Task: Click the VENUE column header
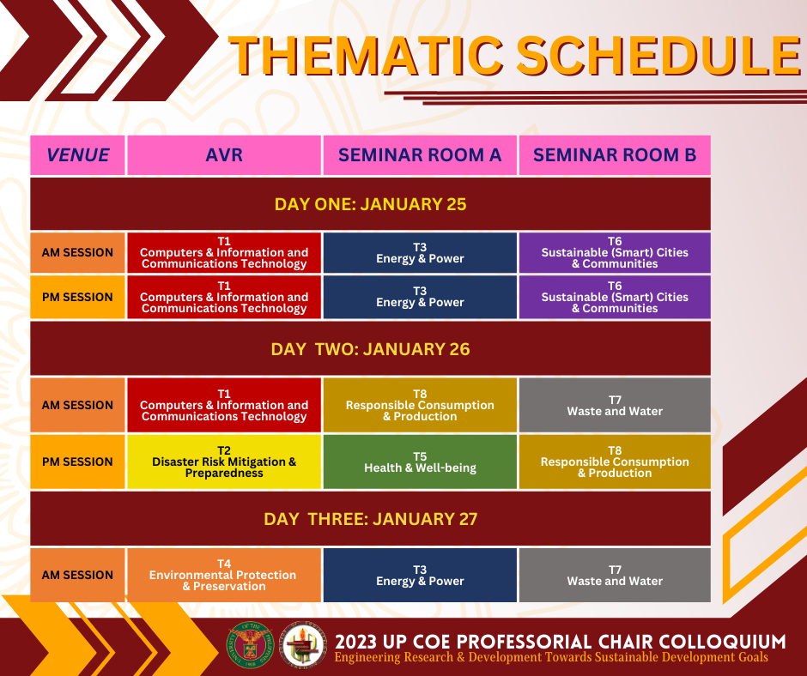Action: click(x=78, y=155)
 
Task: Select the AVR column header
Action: click(x=224, y=155)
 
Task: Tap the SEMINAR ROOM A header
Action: click(x=420, y=155)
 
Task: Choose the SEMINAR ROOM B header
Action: click(x=615, y=155)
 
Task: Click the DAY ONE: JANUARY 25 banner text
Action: click(x=371, y=204)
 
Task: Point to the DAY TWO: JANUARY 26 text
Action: click(x=371, y=349)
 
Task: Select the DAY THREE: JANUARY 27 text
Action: click(x=371, y=519)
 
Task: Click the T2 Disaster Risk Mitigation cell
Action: click(x=224, y=462)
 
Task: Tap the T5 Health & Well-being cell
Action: click(x=420, y=462)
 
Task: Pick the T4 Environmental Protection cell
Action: click(x=224, y=575)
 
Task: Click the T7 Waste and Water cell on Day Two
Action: click(x=615, y=405)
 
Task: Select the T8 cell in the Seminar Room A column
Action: click(x=420, y=405)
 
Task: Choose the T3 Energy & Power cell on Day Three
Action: click(x=420, y=575)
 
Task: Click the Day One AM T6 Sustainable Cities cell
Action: click(x=615, y=252)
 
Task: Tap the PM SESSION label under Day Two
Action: click(x=78, y=462)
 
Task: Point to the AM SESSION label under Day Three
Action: click(x=78, y=575)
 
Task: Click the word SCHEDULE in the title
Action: click(x=658, y=56)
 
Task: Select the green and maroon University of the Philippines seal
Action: click(x=249, y=644)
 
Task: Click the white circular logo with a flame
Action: click(x=302, y=644)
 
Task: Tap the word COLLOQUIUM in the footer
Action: click(x=722, y=642)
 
